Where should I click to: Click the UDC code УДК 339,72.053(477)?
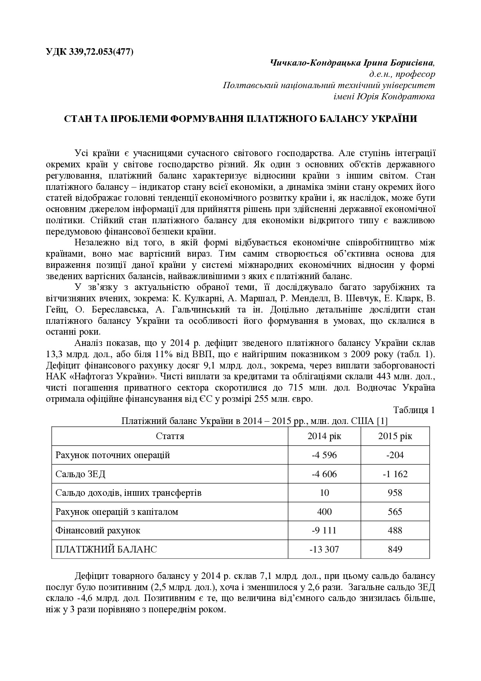90,52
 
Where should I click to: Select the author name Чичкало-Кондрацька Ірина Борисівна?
352,63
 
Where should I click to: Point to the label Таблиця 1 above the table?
414,410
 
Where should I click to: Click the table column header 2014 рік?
324,436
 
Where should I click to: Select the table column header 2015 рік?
395,436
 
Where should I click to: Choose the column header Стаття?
170,436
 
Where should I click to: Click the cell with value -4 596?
324,455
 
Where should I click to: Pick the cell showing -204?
395,455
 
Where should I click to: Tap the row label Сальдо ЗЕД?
80,474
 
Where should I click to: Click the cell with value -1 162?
395,474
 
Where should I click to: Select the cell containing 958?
395,493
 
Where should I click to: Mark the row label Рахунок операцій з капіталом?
117,512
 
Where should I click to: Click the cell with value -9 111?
324,530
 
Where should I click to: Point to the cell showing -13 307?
324,549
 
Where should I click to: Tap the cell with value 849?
395,549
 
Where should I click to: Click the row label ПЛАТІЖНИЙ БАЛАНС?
106,549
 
